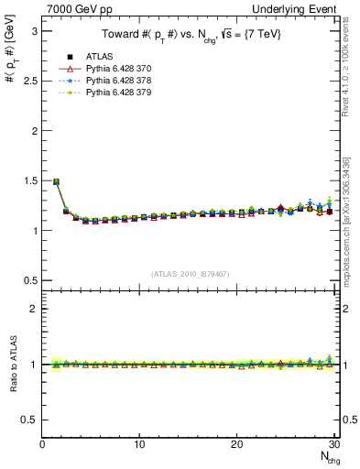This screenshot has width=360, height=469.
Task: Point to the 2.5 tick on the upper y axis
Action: click(x=30, y=81)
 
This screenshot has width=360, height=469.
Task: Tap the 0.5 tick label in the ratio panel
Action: click(x=30, y=420)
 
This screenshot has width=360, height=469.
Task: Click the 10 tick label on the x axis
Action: click(x=139, y=445)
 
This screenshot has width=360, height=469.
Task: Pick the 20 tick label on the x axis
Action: click(x=236, y=445)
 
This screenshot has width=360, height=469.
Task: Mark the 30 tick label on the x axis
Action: click(x=333, y=445)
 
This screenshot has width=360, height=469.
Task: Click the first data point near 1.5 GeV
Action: click(x=57, y=181)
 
